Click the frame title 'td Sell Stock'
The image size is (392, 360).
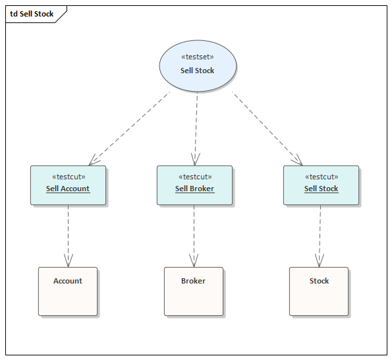pos(32,14)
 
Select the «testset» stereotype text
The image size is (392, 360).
pos(198,57)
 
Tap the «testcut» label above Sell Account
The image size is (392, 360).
pos(68,177)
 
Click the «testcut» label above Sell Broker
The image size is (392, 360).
pos(194,177)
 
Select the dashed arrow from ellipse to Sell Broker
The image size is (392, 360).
pos(196,125)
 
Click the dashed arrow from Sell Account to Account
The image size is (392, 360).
pos(68,234)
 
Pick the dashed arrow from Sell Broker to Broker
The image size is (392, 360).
pos(194,234)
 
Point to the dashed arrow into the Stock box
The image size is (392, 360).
pos(320,234)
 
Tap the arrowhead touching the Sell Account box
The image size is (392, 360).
pos(94,160)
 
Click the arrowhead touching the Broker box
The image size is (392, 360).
pos(194,261)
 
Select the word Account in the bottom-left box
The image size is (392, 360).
pos(68,281)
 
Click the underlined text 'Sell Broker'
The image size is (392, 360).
pos(194,189)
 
